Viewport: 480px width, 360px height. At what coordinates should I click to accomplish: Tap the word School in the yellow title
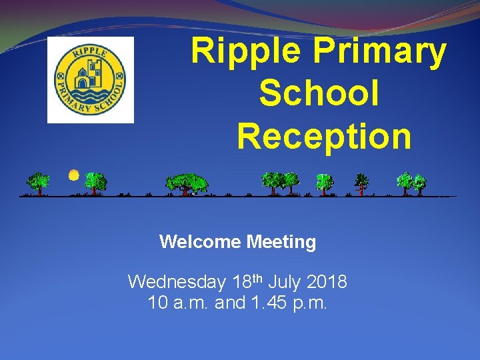click(x=319, y=93)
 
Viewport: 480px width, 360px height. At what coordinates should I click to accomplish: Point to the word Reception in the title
click(x=324, y=135)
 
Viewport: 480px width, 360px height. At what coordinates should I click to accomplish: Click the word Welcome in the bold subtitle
click(x=201, y=242)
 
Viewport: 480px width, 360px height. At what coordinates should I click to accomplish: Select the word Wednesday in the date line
click(x=177, y=282)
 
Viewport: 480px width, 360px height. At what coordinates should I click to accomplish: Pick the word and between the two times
click(x=231, y=303)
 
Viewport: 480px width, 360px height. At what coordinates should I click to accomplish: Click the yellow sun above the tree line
click(x=74, y=175)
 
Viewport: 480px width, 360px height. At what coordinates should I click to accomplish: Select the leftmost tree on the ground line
click(x=39, y=182)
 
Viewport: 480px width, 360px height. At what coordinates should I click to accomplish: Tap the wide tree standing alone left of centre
click(x=187, y=183)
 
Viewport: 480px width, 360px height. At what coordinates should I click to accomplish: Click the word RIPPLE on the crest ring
click(x=90, y=49)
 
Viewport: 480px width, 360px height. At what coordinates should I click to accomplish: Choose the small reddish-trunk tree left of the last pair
click(x=361, y=182)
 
